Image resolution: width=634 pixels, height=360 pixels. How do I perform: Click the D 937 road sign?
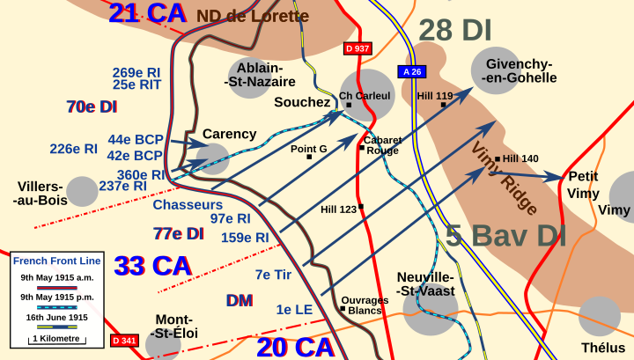(357, 48)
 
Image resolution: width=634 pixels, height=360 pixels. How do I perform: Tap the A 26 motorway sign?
(412, 71)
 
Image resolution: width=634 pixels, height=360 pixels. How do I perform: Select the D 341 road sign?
(125, 341)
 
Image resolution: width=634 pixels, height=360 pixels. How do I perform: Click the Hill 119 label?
(435, 95)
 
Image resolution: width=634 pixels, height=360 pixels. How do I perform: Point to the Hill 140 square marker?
(498, 159)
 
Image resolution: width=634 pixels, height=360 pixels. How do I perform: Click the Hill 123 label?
(338, 209)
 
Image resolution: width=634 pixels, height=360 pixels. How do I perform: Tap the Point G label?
(308, 149)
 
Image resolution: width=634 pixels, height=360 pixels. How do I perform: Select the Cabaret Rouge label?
(382, 144)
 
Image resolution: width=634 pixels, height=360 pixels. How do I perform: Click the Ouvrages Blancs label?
(365, 305)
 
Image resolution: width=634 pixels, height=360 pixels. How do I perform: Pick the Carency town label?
(229, 135)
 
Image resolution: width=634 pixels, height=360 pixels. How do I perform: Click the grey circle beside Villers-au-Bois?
(82, 191)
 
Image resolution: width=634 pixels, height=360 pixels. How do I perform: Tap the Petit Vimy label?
(583, 184)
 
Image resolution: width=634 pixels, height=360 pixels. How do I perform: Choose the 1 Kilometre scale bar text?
(55, 338)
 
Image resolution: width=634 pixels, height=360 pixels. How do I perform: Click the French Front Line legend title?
(56, 261)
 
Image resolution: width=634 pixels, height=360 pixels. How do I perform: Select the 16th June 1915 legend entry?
(55, 317)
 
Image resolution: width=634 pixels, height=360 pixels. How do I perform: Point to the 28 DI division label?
(454, 30)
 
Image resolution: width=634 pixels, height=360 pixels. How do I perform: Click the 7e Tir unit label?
(273, 275)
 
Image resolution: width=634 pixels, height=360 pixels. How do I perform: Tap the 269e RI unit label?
(136, 72)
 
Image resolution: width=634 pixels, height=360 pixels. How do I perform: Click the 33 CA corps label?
(153, 265)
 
